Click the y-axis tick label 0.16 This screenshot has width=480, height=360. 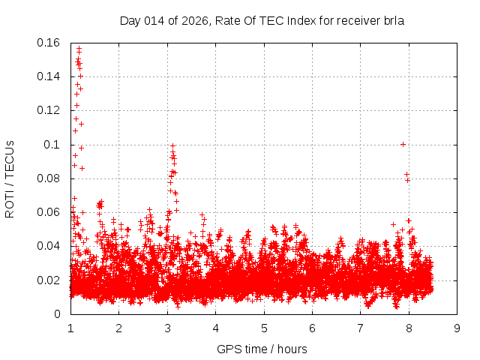click(49, 43)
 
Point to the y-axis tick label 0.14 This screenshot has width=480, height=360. click(49, 76)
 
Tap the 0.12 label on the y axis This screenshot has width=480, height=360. click(49, 110)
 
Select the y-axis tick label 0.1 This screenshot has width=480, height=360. click(54, 145)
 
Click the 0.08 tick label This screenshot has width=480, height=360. click(49, 178)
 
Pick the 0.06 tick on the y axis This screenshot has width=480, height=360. click(49, 212)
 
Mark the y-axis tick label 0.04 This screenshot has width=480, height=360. click(49, 246)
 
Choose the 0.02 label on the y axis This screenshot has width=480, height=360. click(49, 280)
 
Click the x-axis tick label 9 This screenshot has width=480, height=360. click(457, 328)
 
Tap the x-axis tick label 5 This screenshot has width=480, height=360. click(264, 328)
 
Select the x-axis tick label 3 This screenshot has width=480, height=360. click(167, 328)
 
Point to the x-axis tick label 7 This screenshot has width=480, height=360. click(360, 328)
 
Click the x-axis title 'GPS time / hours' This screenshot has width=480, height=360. click(262, 349)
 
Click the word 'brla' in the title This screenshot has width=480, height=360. click(394, 21)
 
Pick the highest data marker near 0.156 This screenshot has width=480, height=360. click(79, 49)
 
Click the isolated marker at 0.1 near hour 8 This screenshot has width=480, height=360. click(403, 144)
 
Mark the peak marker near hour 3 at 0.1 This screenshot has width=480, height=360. click(172, 146)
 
